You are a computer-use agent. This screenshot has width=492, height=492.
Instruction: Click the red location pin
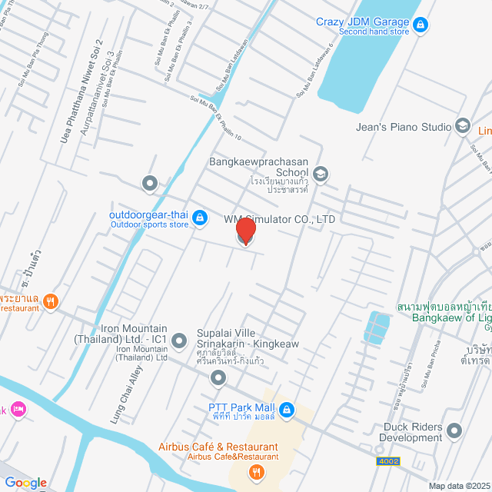pyautogui.click(x=245, y=231)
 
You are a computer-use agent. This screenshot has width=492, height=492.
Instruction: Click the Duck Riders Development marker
pyautogui.click(x=454, y=431)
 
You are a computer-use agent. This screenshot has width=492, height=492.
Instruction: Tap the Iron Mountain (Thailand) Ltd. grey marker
pyautogui.click(x=179, y=339)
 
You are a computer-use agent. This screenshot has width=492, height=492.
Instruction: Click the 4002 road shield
pyautogui.click(x=388, y=461)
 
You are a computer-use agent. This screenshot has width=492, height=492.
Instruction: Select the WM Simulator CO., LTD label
pyautogui.click(x=281, y=219)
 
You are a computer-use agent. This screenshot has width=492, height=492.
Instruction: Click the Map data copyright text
pyautogui.click(x=459, y=485)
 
